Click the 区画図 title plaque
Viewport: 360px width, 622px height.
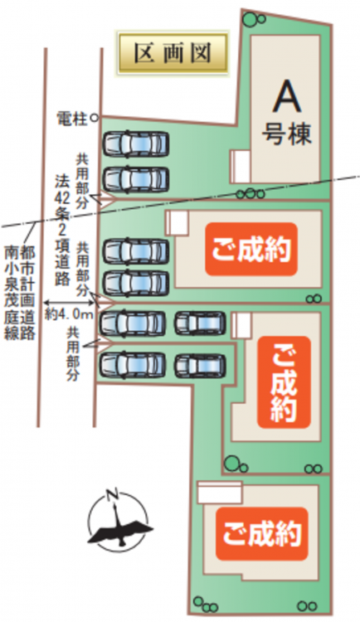(x=173, y=53)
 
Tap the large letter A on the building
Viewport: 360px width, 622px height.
(x=286, y=95)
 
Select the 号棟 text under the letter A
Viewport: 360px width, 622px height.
(x=286, y=134)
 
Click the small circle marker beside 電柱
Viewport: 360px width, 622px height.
(x=94, y=118)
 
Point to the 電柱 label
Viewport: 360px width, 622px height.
(x=72, y=119)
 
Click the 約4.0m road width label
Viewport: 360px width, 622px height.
(x=69, y=314)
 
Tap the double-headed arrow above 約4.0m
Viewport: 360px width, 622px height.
(x=69, y=303)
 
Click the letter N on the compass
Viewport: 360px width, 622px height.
(x=112, y=495)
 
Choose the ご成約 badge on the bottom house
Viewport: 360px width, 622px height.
(x=261, y=534)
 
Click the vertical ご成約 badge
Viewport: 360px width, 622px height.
(x=284, y=382)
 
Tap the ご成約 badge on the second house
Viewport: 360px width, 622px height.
(x=251, y=249)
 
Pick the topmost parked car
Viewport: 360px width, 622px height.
(x=136, y=143)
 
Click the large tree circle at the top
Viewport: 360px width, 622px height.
(x=250, y=19)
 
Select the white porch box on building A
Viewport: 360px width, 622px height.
(x=241, y=166)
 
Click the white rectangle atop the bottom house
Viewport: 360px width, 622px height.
(x=220, y=493)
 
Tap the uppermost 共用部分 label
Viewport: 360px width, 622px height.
(x=83, y=182)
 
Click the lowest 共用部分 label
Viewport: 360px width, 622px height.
(x=73, y=354)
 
